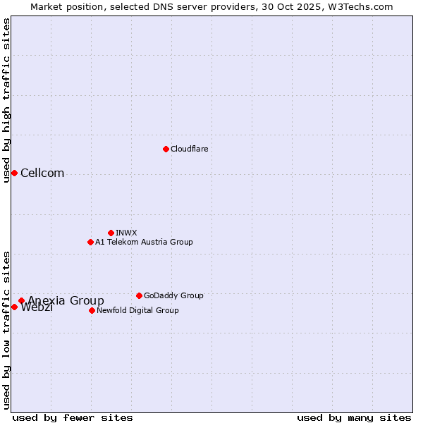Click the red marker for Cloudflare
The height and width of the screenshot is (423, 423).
166,149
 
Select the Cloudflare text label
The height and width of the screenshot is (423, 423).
189,149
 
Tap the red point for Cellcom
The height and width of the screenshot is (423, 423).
14,173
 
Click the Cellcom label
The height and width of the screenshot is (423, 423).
42,173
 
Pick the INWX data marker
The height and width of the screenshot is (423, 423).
111,233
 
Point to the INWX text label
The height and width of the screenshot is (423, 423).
126,233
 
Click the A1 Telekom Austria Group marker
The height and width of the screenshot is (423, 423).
90,242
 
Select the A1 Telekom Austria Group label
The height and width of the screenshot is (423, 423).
144,242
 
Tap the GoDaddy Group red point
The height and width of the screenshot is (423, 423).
139,295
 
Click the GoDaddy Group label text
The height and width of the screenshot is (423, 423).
173,295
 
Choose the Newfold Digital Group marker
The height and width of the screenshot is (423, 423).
92,310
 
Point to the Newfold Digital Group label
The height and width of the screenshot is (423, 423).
137,310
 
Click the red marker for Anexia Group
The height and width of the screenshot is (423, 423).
21,301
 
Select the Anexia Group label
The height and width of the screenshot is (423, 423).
66,301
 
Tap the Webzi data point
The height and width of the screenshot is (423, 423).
14,307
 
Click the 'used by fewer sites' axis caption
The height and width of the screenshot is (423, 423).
73,417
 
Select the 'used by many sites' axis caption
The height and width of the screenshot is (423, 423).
354,417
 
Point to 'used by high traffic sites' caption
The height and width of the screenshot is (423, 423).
6,100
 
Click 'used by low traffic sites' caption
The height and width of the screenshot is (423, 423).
6,329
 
